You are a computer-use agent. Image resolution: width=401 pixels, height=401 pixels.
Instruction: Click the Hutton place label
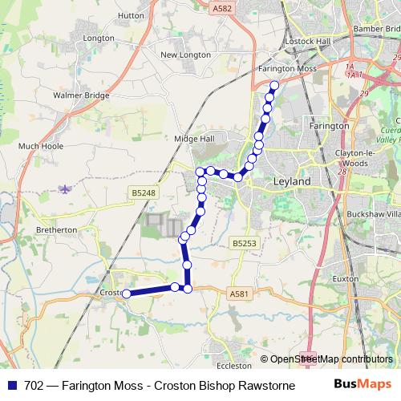coord(130,14)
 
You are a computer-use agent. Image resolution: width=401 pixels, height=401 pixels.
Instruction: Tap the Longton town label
coord(99,38)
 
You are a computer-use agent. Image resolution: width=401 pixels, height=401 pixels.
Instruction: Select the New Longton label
coord(185,55)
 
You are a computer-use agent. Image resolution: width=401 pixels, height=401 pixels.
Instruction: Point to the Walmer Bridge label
coord(80,95)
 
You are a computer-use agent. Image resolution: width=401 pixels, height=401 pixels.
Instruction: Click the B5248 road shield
coord(141,192)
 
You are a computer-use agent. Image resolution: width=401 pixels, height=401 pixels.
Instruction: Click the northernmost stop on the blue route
coord(274,85)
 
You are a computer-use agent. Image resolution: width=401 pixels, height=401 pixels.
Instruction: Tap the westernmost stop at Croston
coord(126,294)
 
